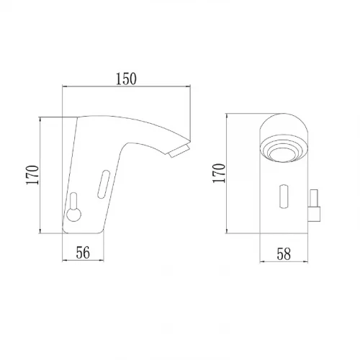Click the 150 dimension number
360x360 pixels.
click(x=126, y=78)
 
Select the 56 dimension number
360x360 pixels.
click(x=83, y=253)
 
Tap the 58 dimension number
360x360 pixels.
click(x=284, y=254)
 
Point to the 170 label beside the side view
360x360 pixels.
click(x=32, y=175)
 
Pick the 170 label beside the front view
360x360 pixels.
click(x=219, y=173)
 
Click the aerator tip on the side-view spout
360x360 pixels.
click(x=179, y=150)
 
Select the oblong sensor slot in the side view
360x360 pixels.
click(x=104, y=184)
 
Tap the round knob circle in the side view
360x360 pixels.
click(x=73, y=215)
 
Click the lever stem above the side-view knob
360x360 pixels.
click(x=73, y=201)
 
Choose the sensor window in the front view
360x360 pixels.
click(x=284, y=196)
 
